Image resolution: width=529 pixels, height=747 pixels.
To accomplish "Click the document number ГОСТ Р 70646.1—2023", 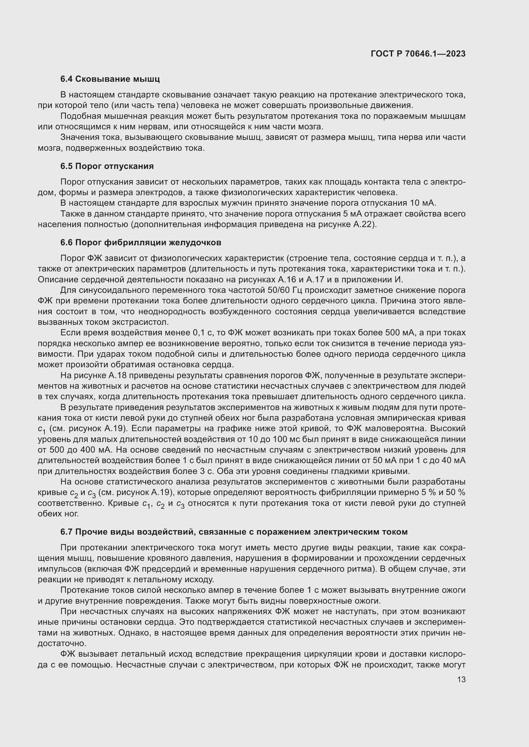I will click(418, 54).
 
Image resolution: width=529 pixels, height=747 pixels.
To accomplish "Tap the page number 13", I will click(461, 679).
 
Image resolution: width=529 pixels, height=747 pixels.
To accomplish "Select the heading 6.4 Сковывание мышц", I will click(110, 79).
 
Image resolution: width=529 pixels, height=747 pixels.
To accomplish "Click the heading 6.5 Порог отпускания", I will click(107, 166).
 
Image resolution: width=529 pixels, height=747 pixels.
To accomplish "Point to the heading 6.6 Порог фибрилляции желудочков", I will click(141, 242).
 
